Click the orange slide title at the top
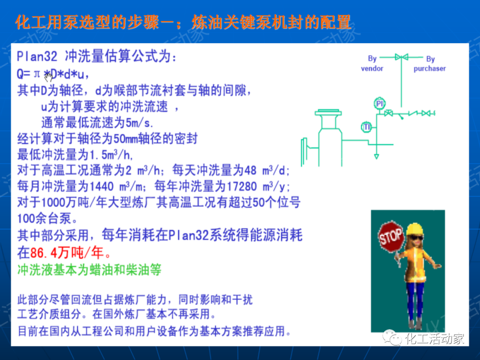[183, 22]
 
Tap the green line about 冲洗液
[89, 269]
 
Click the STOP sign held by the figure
[391, 236]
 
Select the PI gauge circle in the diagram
[379, 104]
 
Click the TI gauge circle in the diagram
[366, 128]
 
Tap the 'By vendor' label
[372, 64]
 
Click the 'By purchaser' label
[430, 64]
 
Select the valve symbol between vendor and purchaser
[401, 57]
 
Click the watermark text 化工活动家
[435, 339]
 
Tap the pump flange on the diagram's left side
[304, 152]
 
